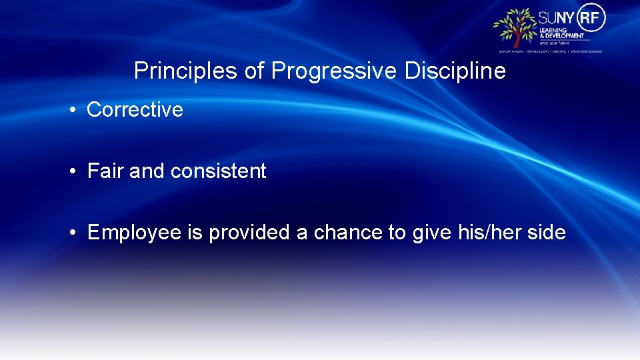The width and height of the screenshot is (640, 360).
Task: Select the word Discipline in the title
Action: [x=455, y=71]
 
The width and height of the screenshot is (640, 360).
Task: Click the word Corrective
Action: [x=135, y=109]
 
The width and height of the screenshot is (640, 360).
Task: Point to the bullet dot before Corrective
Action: [x=71, y=110]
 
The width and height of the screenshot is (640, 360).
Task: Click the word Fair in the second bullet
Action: [x=105, y=171]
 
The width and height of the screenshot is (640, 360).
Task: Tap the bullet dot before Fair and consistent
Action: [x=71, y=172]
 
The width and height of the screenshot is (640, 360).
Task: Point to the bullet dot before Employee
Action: [x=71, y=233]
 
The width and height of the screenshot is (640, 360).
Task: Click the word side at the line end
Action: [x=547, y=233]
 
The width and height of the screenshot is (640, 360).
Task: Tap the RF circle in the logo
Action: [x=591, y=18]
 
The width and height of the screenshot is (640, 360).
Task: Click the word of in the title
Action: [x=254, y=71]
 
